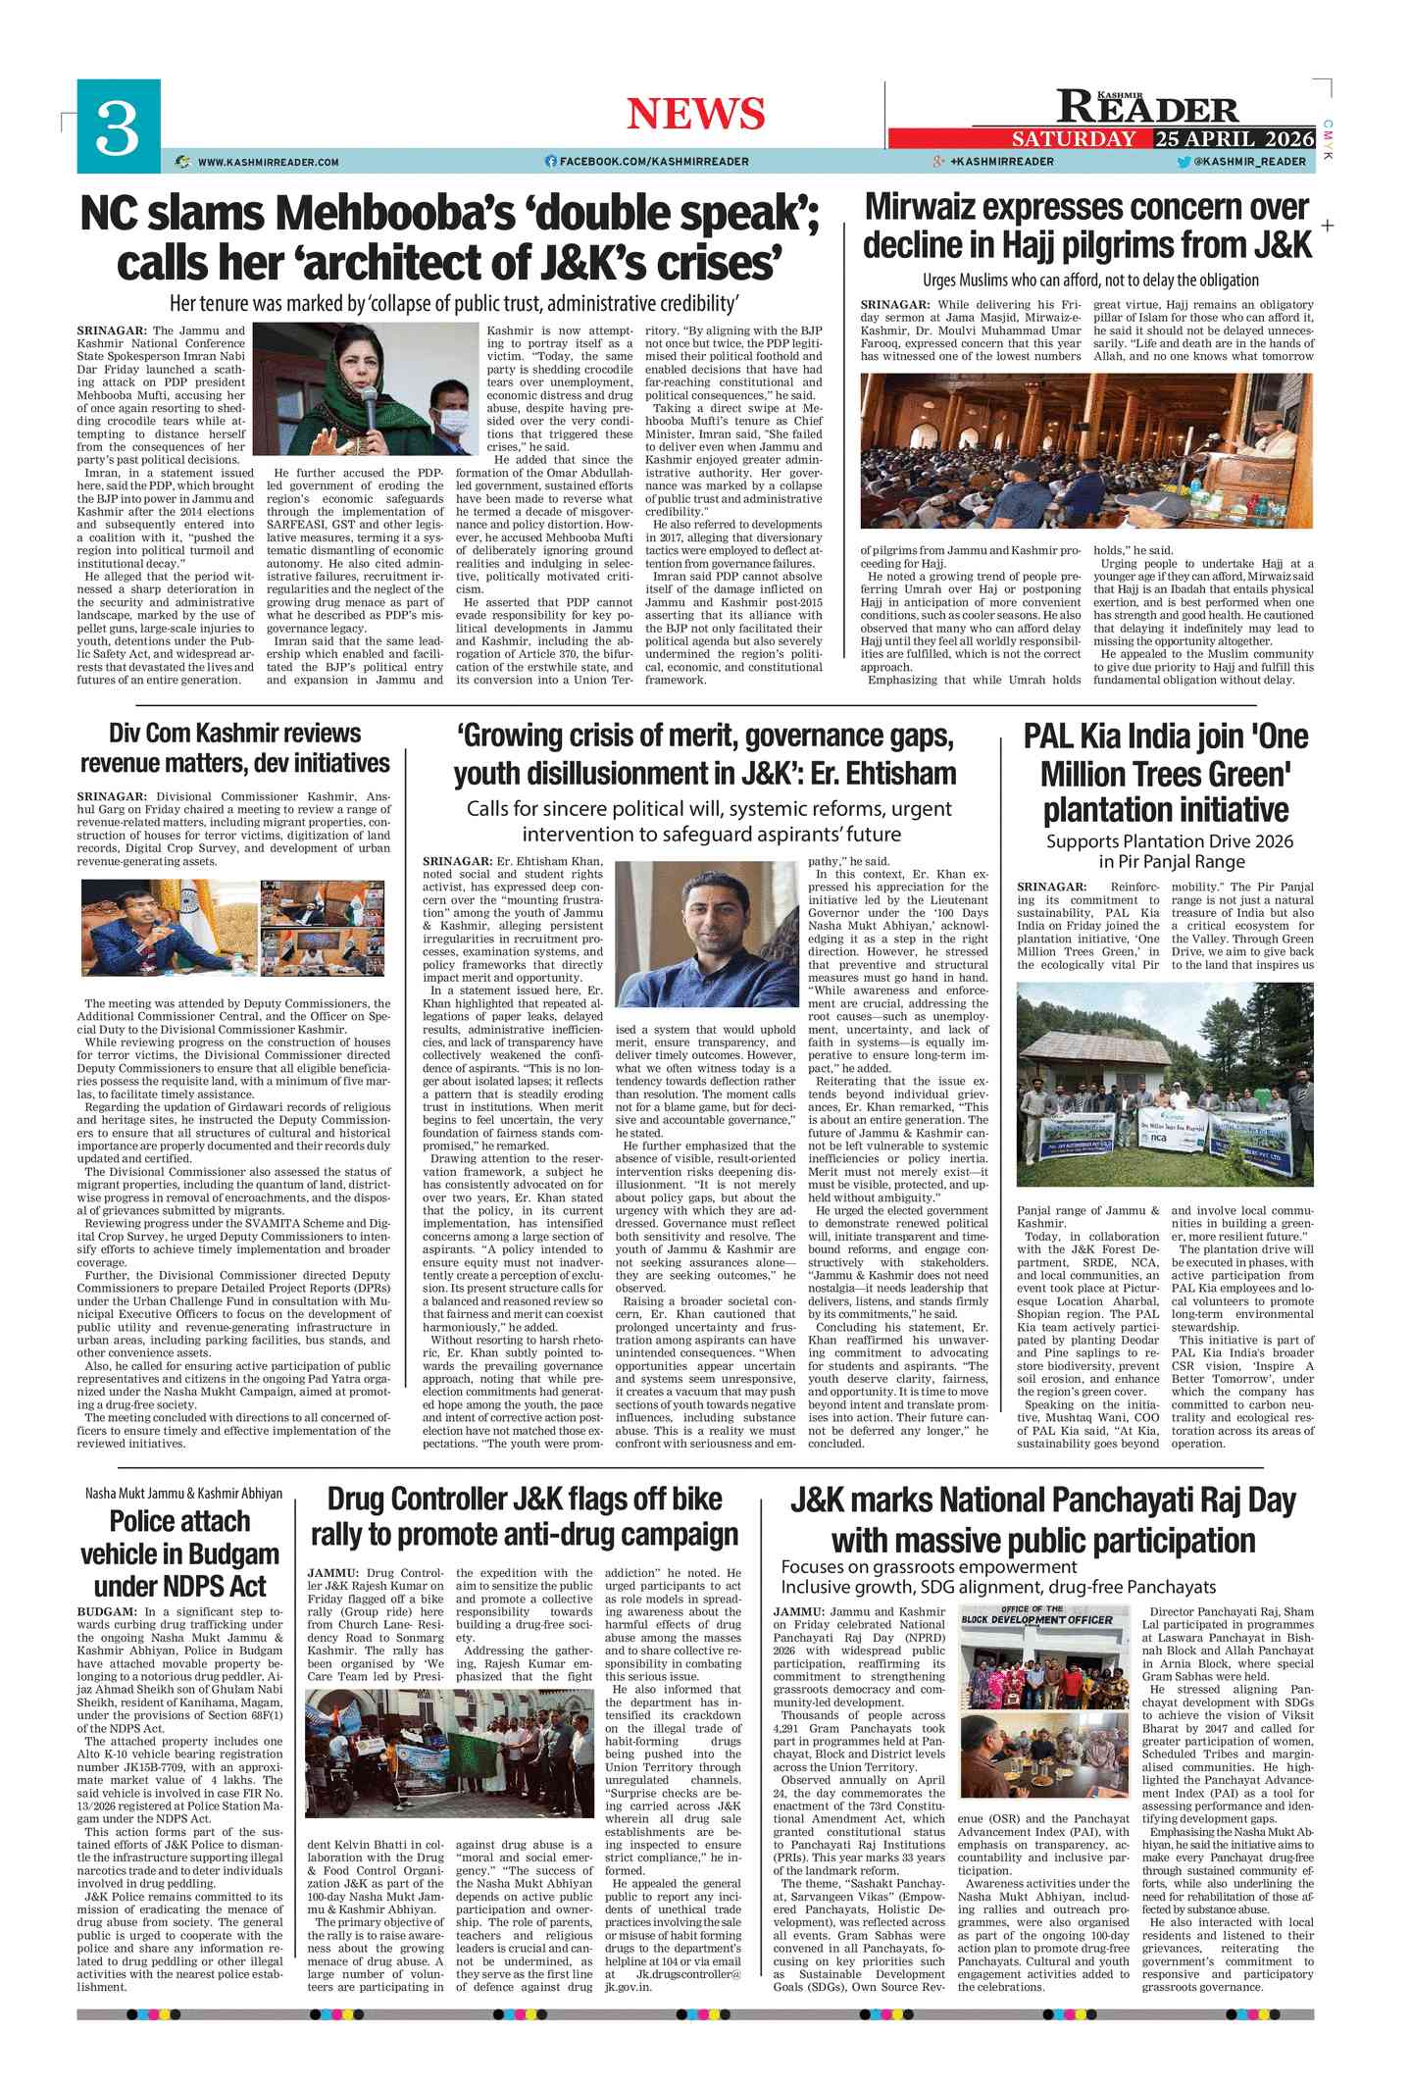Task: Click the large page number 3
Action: click(117, 127)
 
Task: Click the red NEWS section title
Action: click(695, 114)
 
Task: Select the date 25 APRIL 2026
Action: click(1234, 138)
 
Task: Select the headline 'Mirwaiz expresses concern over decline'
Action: click(1086, 226)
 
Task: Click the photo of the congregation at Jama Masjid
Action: click(1086, 450)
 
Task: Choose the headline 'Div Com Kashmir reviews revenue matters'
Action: click(234, 747)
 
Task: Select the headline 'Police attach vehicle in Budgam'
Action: click(179, 1553)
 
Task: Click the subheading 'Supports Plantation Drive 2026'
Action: click(1169, 840)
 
